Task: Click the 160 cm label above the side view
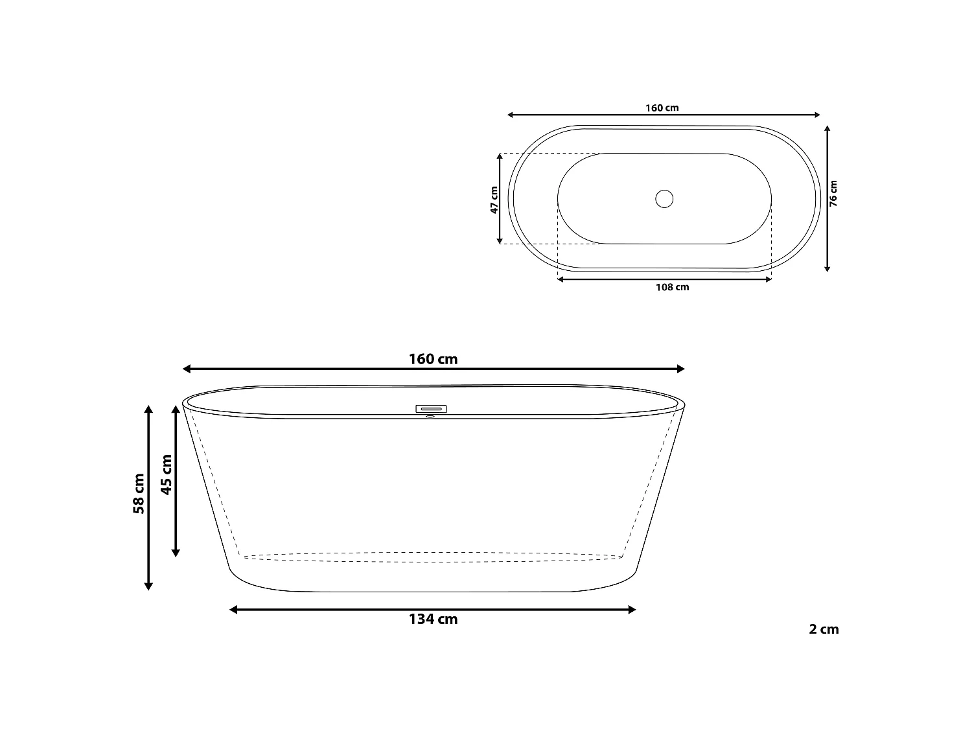click(x=433, y=359)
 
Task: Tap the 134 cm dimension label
click(x=433, y=619)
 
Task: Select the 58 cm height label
click(x=139, y=494)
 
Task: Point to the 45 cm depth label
click(x=166, y=474)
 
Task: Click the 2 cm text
click(x=824, y=629)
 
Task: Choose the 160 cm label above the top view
click(x=662, y=108)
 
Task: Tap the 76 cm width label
click(x=833, y=193)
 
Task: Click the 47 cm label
click(x=494, y=200)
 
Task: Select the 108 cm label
click(x=672, y=287)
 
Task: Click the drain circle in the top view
click(x=664, y=199)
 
